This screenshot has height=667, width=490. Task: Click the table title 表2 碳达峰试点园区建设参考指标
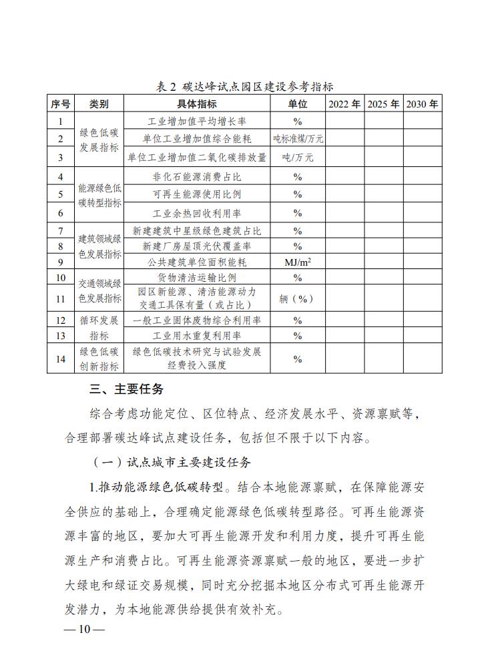tap(244, 87)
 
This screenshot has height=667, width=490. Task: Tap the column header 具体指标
tap(196, 104)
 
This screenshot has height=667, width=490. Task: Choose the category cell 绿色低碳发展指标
tap(99, 139)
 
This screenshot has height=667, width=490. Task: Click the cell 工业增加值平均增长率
tap(196, 122)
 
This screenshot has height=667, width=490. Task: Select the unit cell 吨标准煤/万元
tap(298, 140)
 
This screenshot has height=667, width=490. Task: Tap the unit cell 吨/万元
tap(298, 158)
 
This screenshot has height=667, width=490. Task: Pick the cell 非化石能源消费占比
tap(196, 177)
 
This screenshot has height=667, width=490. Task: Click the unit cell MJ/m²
tap(298, 262)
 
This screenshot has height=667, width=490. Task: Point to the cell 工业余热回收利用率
tap(196, 213)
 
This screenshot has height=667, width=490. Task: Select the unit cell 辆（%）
tap(298, 298)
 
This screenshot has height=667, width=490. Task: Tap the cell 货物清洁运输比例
tap(196, 278)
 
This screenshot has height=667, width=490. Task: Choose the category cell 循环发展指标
tap(99, 327)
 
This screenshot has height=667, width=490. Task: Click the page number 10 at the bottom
tap(83, 630)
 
